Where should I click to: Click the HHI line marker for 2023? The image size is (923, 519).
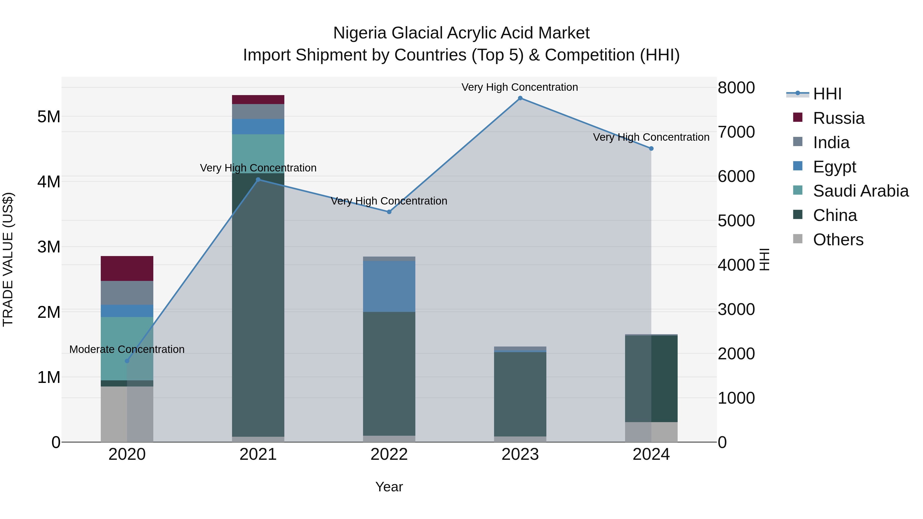[520, 98]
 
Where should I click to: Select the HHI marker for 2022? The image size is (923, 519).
[389, 212]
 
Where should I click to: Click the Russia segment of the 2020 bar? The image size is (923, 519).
[127, 268]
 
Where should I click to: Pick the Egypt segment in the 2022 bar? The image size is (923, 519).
[389, 287]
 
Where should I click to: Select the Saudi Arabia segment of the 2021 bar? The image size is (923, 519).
[258, 154]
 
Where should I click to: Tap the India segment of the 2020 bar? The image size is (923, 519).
[127, 293]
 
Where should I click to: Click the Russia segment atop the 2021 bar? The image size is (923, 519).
[258, 100]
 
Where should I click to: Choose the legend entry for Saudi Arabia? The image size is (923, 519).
[860, 191]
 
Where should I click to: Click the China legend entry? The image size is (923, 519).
[835, 215]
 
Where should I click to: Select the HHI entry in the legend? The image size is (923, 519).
[827, 94]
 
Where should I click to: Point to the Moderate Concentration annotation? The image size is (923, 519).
[127, 349]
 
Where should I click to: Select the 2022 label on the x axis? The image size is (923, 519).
[389, 454]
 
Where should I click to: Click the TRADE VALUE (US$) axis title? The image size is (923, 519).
[8, 259]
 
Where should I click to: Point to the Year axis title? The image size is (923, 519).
[389, 487]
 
